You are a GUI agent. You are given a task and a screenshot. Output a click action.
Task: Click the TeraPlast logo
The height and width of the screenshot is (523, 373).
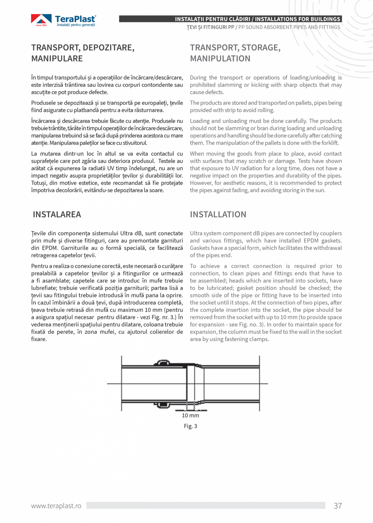pos(64,21)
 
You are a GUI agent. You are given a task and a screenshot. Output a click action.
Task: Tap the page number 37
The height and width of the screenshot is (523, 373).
pos(338,506)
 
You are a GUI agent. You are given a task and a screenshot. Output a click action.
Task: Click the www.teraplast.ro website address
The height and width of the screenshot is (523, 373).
pos(56,506)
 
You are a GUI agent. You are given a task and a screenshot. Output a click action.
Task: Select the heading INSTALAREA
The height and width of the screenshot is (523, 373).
pos(57,214)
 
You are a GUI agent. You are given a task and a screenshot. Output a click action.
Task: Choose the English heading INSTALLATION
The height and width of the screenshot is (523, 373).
pos(218,214)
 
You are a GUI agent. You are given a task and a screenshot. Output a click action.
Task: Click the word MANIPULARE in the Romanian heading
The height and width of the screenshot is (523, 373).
pos(57,58)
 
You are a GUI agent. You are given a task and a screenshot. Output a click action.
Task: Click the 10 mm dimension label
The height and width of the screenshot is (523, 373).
pos(190,415)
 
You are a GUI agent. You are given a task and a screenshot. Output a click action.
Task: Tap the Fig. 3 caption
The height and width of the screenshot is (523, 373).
pos(190,426)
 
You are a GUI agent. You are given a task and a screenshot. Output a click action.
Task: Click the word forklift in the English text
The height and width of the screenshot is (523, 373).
pos(329,143)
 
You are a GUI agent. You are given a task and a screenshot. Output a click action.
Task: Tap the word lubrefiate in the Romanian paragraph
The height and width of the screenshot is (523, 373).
pos(44,288)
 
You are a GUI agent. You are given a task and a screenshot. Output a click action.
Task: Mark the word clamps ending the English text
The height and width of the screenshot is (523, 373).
pos(260,339)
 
